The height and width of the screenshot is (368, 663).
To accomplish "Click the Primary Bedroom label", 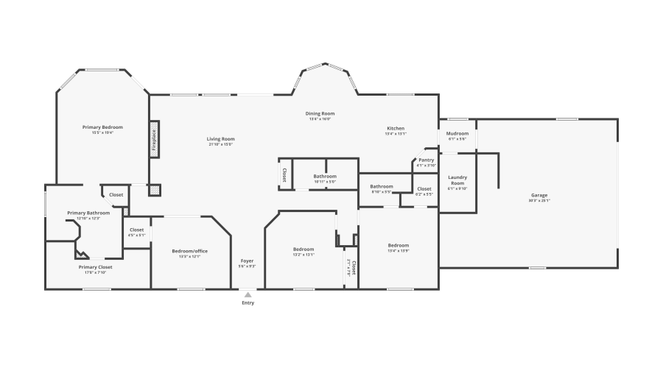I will pyautogui.click(x=102, y=127).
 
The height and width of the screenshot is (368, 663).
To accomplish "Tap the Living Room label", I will pyautogui.click(x=220, y=139).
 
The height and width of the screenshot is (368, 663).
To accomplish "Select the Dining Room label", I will pyautogui.click(x=320, y=113).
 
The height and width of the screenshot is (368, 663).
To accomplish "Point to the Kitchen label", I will pyautogui.click(x=396, y=128).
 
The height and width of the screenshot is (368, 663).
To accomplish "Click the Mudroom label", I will pyautogui.click(x=457, y=133).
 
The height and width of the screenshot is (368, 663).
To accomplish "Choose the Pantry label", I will pyautogui.click(x=426, y=160).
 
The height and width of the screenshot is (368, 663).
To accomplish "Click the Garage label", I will pyautogui.click(x=539, y=195).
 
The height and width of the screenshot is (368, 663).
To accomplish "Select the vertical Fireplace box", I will pyautogui.click(x=155, y=139).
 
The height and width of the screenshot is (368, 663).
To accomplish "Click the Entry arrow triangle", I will pyautogui.click(x=248, y=294).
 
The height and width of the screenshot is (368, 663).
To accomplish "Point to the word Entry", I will pyautogui.click(x=248, y=303).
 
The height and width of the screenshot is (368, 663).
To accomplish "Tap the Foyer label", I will pyautogui.click(x=248, y=261).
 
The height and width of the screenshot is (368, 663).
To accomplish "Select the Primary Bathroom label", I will pyautogui.click(x=88, y=213).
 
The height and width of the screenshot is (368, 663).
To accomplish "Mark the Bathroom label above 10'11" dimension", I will pyautogui.click(x=325, y=176).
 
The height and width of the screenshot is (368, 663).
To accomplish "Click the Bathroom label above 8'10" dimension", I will pyautogui.click(x=382, y=186).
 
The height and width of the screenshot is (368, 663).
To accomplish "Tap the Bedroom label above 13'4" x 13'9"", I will pyautogui.click(x=399, y=245).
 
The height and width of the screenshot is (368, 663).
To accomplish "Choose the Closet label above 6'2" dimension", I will pyautogui.click(x=424, y=188).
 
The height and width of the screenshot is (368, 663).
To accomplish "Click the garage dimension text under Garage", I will pyautogui.click(x=539, y=200).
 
